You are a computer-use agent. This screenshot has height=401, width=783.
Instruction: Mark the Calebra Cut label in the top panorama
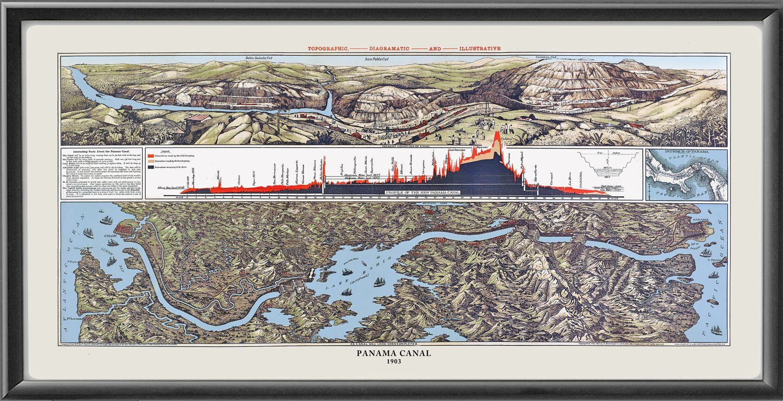pos(546,58)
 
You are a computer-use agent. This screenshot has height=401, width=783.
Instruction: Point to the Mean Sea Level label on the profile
pos(171,188)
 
